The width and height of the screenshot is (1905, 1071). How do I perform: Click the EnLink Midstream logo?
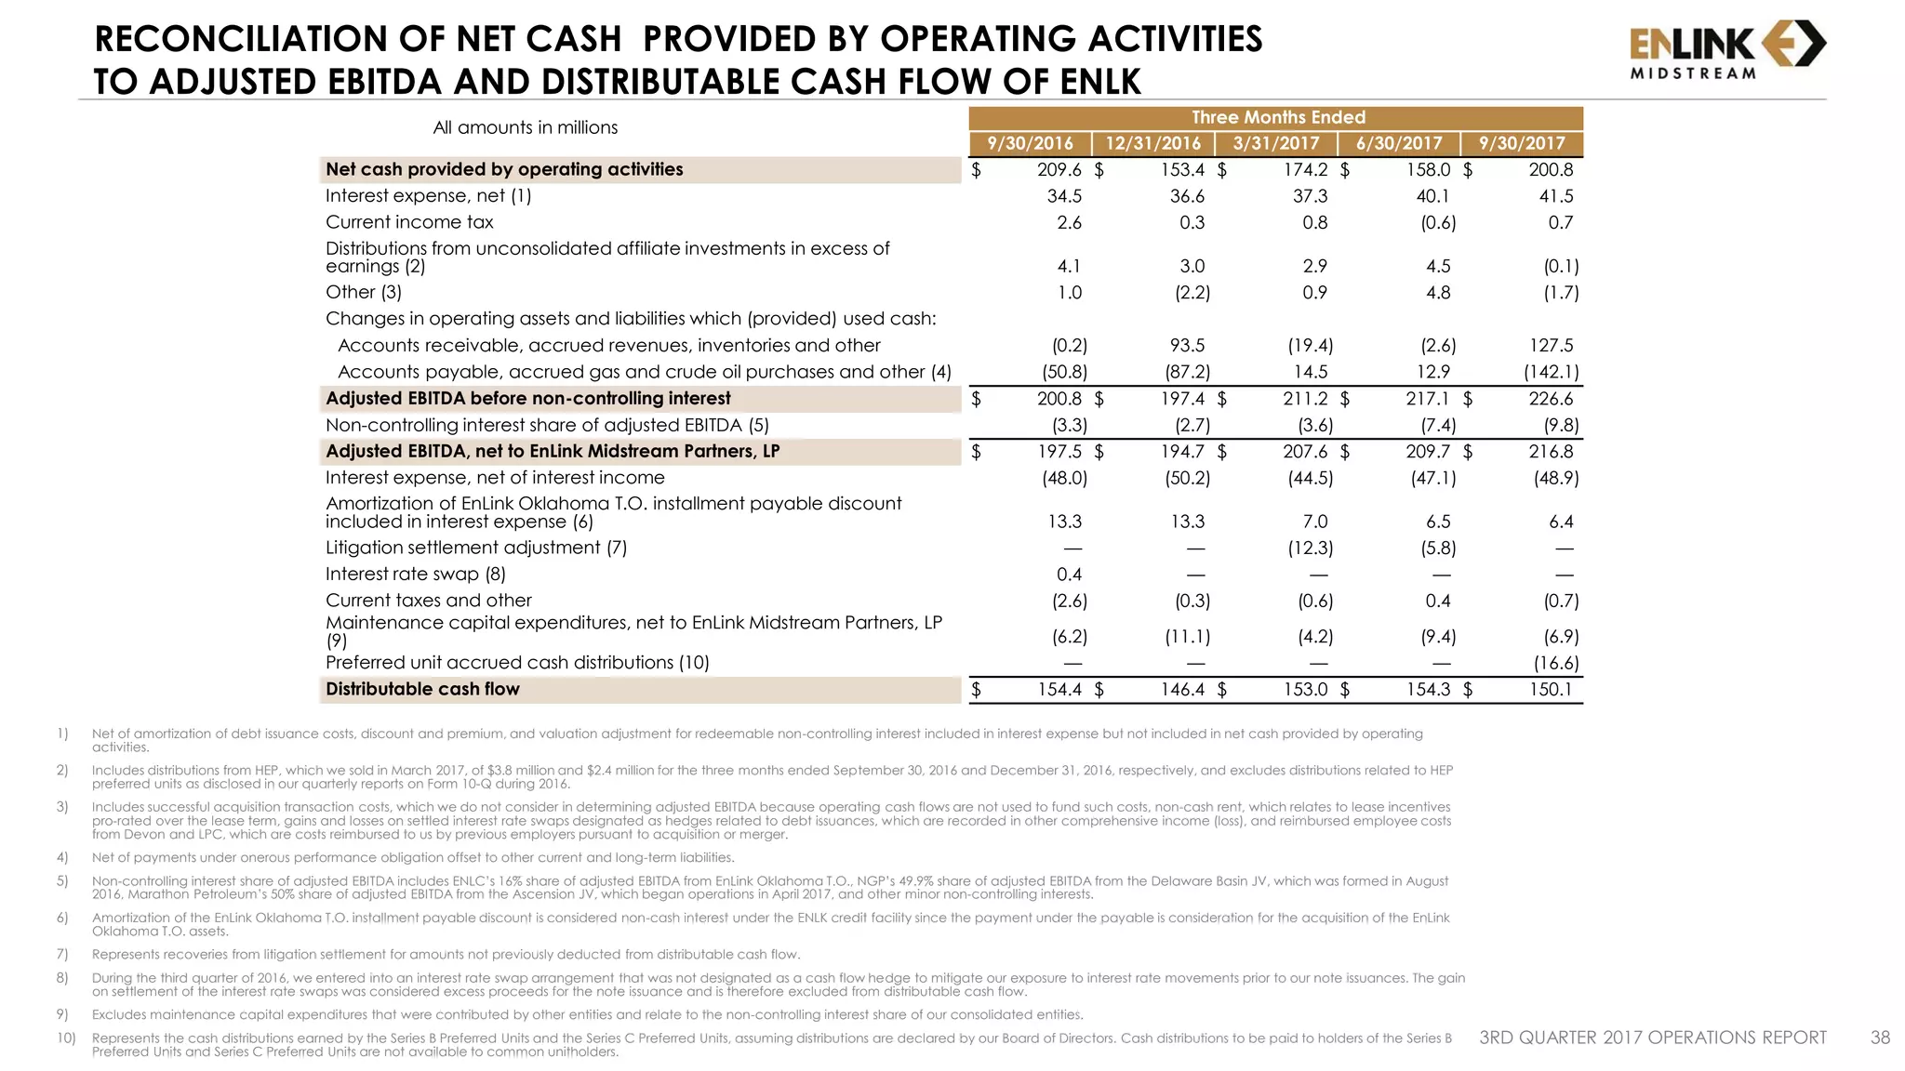(x=1727, y=50)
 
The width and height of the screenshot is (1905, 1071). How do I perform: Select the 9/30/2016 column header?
(x=1030, y=143)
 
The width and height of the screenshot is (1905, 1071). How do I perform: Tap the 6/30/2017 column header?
(x=1399, y=143)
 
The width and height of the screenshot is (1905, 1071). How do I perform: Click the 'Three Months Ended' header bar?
(x=1277, y=117)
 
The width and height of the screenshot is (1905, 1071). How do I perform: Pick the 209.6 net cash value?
(x=1059, y=170)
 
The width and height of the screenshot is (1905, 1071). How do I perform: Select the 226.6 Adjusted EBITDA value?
(x=1551, y=399)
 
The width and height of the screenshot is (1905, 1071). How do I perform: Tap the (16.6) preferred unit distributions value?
(x=1555, y=663)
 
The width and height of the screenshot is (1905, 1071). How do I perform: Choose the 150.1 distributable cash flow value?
(x=1551, y=690)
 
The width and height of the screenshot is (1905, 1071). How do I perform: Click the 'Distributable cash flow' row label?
(x=422, y=690)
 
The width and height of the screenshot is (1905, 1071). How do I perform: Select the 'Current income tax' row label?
(x=409, y=222)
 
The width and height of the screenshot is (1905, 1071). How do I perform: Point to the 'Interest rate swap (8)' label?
(x=415, y=575)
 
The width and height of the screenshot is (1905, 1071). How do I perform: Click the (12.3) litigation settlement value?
(x=1310, y=549)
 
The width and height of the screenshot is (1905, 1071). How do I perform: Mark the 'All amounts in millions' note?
(x=525, y=127)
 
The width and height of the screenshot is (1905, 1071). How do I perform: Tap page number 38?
(x=1879, y=1038)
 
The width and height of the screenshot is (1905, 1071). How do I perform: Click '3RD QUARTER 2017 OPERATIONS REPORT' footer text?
(x=1653, y=1038)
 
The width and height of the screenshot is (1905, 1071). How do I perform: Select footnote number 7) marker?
(x=62, y=954)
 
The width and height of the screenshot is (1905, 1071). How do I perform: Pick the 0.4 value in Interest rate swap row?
(x=1069, y=575)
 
